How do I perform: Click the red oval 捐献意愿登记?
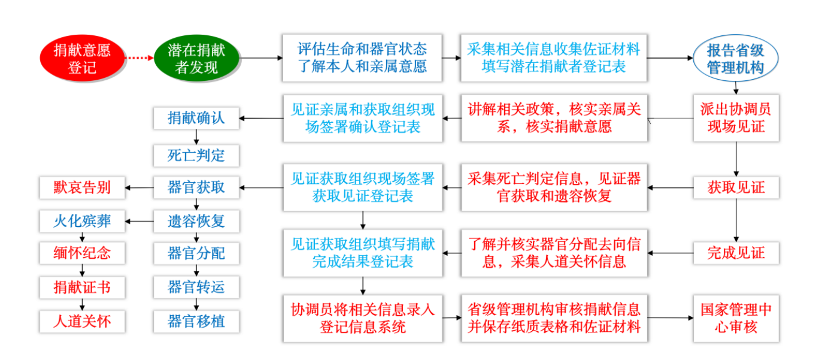coord(82,59)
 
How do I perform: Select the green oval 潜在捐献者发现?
coord(196,58)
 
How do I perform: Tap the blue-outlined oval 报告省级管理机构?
coord(736,58)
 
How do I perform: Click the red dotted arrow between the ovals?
coord(139,58)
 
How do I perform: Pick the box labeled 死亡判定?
coord(196,156)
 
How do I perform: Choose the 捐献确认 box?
coord(196,118)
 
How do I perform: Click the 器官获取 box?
coord(196,187)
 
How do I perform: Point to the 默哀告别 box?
coord(82,187)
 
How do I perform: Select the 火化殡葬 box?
coord(82,221)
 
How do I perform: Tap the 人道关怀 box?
coord(82,321)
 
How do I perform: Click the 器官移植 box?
coord(196,321)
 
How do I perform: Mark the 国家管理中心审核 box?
coord(736,318)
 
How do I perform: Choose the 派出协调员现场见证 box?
coord(736,118)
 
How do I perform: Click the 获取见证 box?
coord(736,187)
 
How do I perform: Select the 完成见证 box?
coord(736,253)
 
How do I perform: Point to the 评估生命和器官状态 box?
coord(362,58)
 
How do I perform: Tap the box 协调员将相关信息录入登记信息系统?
coord(363,318)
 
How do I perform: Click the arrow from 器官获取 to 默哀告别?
coord(139,187)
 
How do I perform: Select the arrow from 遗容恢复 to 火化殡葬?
coord(139,222)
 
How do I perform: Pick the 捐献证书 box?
coord(82,288)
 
